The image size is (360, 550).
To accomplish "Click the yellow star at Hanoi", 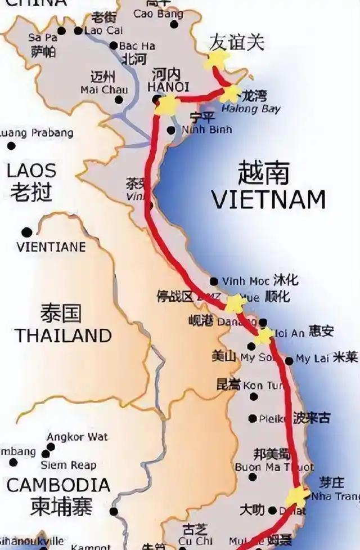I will tap(166, 105).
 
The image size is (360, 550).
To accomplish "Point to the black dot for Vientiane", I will tap(26, 232).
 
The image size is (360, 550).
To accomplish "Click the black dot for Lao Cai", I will tap(78, 30).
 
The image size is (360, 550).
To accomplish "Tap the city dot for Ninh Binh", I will tap(171, 130).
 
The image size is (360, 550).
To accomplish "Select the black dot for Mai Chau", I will tap(119, 100).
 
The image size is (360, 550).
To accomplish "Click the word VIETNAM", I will tap(268, 199).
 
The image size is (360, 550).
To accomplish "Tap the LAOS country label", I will tap(31, 170).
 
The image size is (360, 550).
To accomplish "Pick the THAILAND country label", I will tap(63, 336).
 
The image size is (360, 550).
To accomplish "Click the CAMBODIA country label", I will tap(58, 485).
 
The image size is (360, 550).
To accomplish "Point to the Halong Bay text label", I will tap(251, 109).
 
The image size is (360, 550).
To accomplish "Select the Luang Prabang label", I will tap(37, 133).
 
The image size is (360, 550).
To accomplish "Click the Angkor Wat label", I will tap(77, 436).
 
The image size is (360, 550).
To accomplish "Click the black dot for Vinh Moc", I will tap(214, 281).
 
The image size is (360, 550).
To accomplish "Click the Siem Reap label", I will tap(68, 465).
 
